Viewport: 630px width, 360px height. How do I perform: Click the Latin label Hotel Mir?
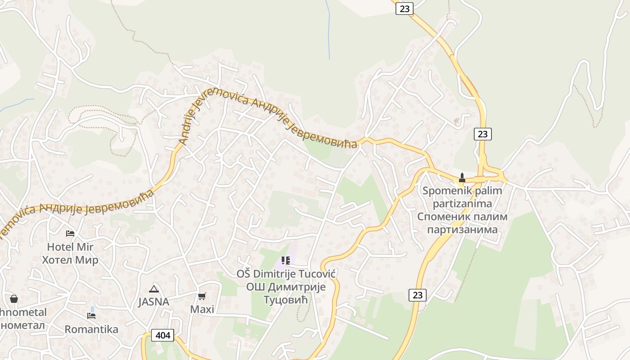click(70, 247)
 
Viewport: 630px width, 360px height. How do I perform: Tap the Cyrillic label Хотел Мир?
click(70, 260)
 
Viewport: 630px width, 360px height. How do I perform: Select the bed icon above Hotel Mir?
click(70, 233)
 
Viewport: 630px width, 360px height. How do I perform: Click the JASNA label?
click(153, 302)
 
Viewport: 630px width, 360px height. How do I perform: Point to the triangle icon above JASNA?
click(154, 289)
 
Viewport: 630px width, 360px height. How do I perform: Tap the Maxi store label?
click(202, 309)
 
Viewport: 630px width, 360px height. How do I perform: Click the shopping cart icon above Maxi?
click(202, 296)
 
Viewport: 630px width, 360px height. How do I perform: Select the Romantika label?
click(91, 329)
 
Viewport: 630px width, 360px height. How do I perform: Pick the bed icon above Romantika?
click(91, 315)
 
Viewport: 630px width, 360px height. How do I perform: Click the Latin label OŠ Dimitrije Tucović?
click(286, 274)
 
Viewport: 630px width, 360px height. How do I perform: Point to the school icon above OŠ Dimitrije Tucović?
click(285, 261)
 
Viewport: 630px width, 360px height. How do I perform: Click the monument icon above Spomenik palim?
click(462, 178)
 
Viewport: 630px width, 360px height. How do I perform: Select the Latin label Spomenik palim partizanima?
click(462, 197)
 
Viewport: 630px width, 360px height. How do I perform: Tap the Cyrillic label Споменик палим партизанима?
click(462, 223)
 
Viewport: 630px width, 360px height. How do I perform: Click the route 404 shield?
click(162, 335)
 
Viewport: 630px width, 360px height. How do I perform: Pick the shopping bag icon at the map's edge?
click(14, 299)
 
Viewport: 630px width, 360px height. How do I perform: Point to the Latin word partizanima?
click(462, 204)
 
